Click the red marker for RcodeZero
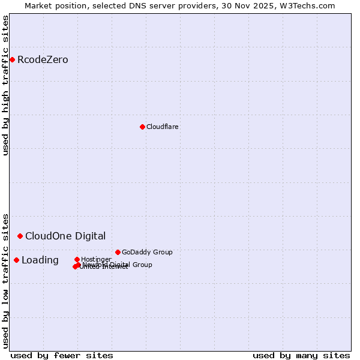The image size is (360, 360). (12, 59)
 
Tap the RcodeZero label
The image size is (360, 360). (43, 60)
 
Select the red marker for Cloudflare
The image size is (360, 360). (142, 127)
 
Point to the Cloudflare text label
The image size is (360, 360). (162, 127)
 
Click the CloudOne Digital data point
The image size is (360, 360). (20, 236)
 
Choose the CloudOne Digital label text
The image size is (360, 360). (65, 236)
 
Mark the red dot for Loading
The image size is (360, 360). (16, 260)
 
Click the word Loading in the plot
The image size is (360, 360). (40, 260)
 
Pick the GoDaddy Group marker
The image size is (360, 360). (118, 252)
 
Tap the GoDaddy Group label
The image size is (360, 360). (147, 252)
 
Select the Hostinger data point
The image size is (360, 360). (77, 259)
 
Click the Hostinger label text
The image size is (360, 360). (96, 259)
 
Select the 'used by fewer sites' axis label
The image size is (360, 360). (62, 355)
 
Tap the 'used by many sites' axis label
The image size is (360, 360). (301, 355)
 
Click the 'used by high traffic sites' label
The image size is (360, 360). (6, 85)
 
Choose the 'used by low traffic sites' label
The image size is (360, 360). (6, 280)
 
